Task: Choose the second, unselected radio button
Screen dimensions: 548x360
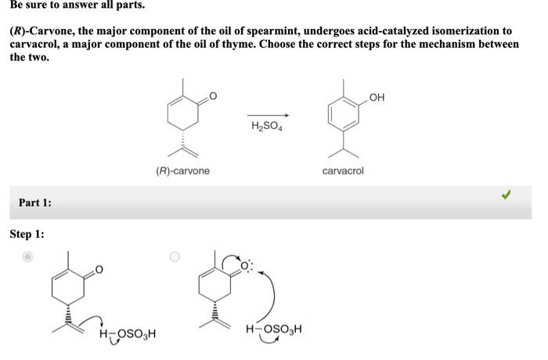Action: [175, 257]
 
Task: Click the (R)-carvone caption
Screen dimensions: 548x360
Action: [182, 170]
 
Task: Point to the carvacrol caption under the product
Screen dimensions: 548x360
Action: [343, 170]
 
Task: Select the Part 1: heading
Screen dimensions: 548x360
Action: [35, 203]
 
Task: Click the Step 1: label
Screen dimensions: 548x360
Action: [27, 234]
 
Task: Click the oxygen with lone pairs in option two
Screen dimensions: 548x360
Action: [244, 268]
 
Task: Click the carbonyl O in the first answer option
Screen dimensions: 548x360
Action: [99, 270]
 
